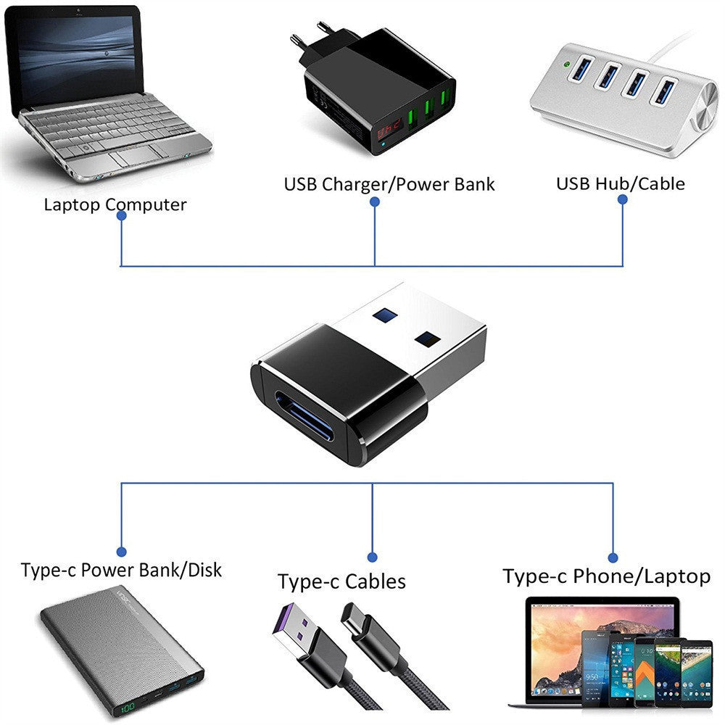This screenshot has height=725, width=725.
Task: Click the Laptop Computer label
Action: point(115,204)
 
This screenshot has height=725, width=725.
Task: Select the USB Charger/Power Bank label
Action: point(389,184)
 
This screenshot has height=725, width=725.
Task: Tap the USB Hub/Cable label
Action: point(620,183)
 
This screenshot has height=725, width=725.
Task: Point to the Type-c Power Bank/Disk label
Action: point(121,570)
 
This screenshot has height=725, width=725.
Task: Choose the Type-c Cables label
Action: point(341,581)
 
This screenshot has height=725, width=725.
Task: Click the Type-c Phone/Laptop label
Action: point(606,576)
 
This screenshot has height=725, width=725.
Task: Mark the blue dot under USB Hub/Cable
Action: point(623,204)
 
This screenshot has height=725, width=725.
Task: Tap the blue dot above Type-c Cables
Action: point(372,557)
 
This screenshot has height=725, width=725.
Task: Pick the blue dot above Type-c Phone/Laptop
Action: point(613,557)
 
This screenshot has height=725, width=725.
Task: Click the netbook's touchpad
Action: point(134,155)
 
